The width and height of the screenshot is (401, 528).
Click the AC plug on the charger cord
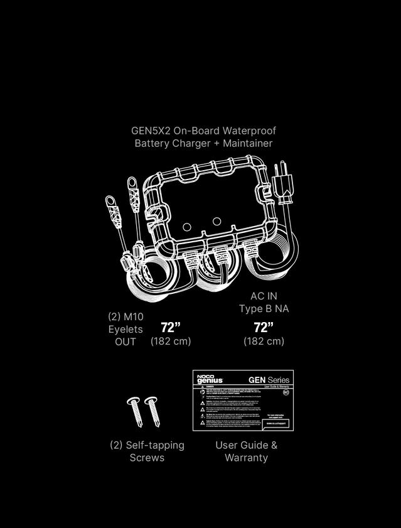(284, 186)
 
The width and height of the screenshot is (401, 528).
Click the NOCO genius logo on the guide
(210, 380)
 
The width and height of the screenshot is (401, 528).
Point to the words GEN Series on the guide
(269, 380)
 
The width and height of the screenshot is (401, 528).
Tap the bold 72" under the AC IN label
(264, 327)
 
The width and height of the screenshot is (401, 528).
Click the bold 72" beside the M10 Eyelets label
(170, 327)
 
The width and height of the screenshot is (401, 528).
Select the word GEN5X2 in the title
(151, 131)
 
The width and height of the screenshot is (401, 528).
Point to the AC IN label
(264, 296)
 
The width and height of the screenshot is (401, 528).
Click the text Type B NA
(264, 309)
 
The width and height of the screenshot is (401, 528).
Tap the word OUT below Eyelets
(126, 342)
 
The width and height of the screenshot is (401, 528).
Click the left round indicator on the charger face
(186, 227)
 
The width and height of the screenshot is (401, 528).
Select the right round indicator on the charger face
(217, 221)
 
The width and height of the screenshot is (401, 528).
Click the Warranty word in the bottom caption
(246, 458)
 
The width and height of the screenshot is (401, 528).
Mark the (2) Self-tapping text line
(147, 445)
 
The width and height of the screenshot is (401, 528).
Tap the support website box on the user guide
(277, 423)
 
